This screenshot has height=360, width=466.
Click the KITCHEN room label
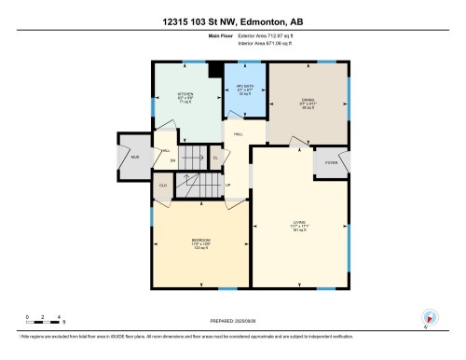point(185,94)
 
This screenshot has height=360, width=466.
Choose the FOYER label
point(331,162)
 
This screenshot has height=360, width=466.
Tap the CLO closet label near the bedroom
point(163,186)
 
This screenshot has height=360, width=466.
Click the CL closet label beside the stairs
point(215,158)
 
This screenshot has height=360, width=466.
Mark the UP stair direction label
point(227,184)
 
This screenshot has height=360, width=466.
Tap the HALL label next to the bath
point(239,134)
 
